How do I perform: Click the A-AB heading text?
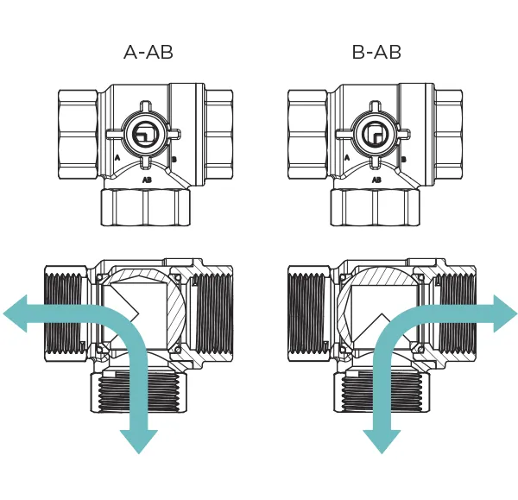[x=148, y=52]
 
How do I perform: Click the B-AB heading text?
[x=376, y=52]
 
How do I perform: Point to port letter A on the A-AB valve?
[x=117, y=159]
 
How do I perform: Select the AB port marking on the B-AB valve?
[x=376, y=180]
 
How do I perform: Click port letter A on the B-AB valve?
[x=347, y=159]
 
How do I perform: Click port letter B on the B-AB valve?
[x=404, y=160]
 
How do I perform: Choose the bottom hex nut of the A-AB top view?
[x=145, y=208]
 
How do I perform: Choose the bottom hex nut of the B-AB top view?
[x=376, y=208]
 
